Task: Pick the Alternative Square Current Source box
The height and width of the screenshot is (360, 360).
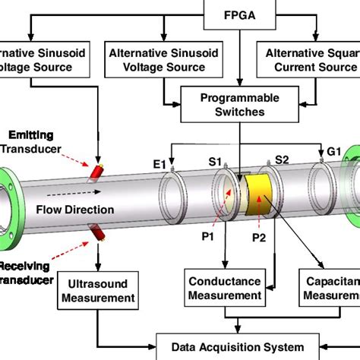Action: tap(312, 59)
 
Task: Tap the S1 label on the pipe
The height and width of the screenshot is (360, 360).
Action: tap(215, 161)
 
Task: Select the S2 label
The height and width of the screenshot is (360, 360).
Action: tap(282, 160)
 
